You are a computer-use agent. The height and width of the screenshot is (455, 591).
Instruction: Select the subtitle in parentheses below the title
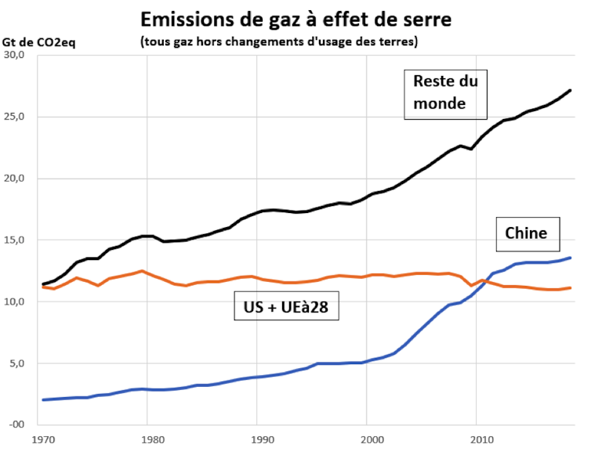coord(279,42)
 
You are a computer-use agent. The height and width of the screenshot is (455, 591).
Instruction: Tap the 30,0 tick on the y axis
coord(16,56)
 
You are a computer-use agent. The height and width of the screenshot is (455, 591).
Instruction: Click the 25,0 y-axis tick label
coord(16,117)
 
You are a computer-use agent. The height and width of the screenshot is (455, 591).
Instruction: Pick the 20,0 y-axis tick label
coord(16,179)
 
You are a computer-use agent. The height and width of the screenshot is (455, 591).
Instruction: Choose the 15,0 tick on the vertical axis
coord(16,240)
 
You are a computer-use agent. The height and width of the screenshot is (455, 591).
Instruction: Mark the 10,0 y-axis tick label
coord(16,302)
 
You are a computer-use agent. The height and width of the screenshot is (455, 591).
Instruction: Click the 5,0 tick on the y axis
coord(18,363)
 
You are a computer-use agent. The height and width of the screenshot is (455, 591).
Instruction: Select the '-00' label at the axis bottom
coord(17,424)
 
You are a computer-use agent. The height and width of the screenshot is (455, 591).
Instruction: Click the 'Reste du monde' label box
coord(444,92)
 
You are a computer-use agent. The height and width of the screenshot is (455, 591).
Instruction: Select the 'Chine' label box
coord(527,233)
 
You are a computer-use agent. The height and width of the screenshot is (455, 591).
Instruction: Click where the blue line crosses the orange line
coord(483,281)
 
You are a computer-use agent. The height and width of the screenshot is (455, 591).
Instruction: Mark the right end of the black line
coord(570,90)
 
